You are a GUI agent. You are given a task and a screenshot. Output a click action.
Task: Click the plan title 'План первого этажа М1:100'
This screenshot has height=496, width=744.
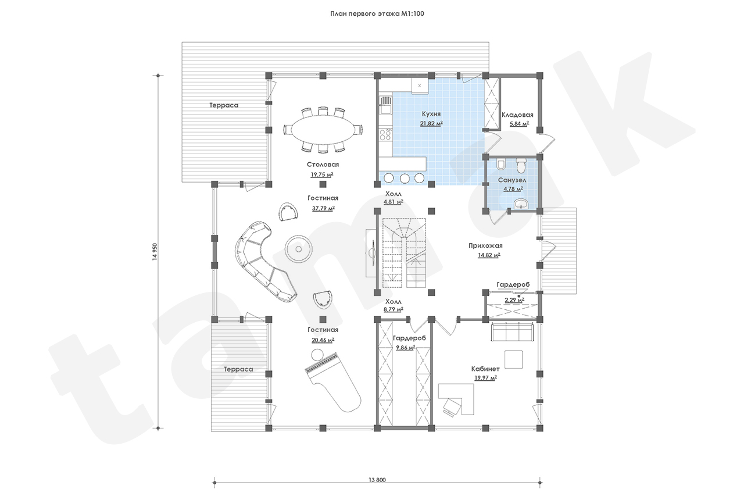(377, 13)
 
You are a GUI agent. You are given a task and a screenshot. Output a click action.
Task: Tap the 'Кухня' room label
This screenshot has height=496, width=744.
(431, 114)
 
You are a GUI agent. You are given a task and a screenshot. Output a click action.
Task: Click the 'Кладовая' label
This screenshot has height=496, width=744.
(517, 115)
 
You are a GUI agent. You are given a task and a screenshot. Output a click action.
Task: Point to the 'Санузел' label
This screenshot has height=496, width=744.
(512, 180)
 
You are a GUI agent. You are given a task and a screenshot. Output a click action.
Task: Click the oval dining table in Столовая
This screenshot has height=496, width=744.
(323, 130)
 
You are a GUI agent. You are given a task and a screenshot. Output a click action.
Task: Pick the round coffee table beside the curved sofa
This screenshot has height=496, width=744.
(298, 249)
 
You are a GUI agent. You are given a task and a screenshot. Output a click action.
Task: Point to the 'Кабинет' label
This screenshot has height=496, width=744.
(485, 369)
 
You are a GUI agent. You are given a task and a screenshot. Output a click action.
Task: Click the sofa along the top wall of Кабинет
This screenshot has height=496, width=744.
(512, 331)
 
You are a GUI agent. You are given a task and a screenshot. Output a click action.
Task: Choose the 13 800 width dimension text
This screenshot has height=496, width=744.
(377, 480)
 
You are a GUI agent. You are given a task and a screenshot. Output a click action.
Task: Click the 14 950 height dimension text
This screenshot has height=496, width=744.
(155, 251)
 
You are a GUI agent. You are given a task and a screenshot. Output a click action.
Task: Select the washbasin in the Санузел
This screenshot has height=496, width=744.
(521, 204)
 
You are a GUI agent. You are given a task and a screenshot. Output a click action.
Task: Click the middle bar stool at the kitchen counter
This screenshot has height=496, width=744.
(404, 178)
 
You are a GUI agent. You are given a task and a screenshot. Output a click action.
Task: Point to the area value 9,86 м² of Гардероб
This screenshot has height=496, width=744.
(406, 348)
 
